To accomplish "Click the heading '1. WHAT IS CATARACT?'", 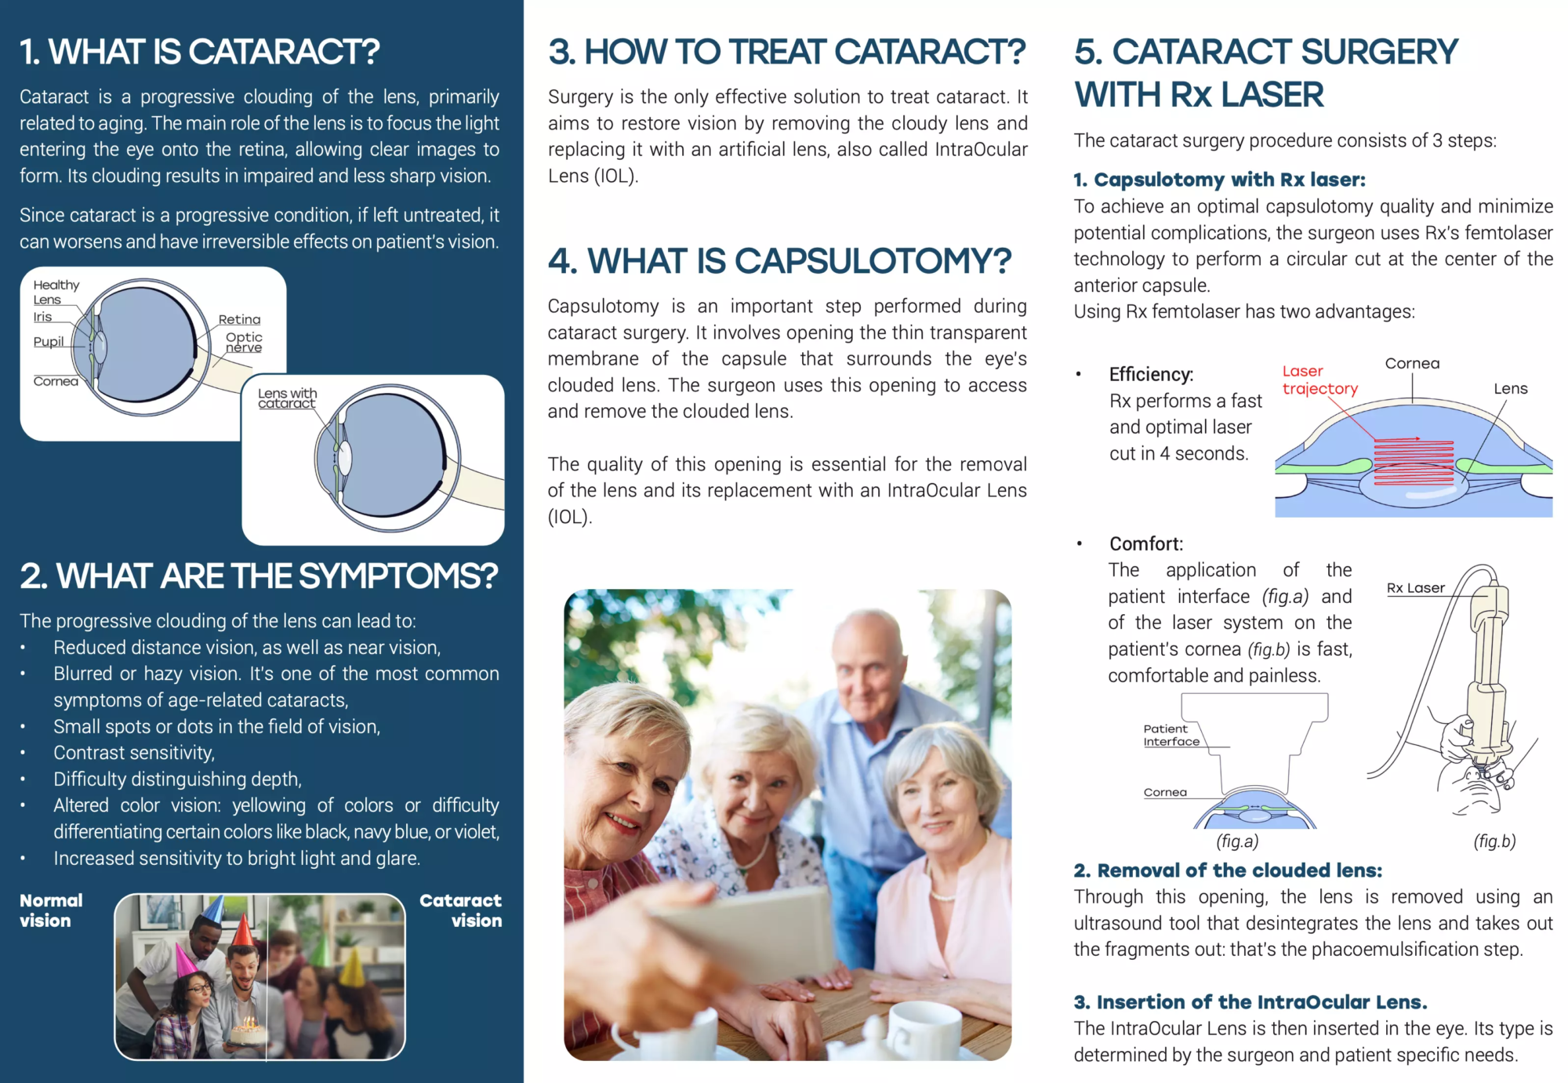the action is click(200, 52).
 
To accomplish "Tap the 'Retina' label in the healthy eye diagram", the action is click(239, 319).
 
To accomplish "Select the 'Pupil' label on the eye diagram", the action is click(49, 342).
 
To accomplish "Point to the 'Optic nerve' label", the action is click(244, 342).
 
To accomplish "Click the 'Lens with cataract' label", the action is click(287, 398).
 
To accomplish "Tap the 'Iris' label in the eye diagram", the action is click(42, 317).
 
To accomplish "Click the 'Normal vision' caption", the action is click(51, 910).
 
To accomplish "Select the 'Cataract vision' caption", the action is click(461, 910).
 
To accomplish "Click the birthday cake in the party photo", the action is click(248, 1030).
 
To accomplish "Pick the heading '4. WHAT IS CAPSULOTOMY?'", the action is click(779, 261).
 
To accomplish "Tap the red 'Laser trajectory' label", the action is click(1320, 380).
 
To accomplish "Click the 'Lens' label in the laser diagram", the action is click(1510, 388).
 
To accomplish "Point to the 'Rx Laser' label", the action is click(1415, 587).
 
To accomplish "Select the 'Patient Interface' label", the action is click(1171, 735).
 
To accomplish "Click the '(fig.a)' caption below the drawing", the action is click(1237, 841).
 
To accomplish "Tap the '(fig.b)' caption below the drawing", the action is click(1494, 841).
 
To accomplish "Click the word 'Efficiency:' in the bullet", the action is click(1151, 375).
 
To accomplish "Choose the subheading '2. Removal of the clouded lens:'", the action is click(1228, 870).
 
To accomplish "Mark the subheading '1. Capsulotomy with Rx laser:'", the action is click(1219, 180).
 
